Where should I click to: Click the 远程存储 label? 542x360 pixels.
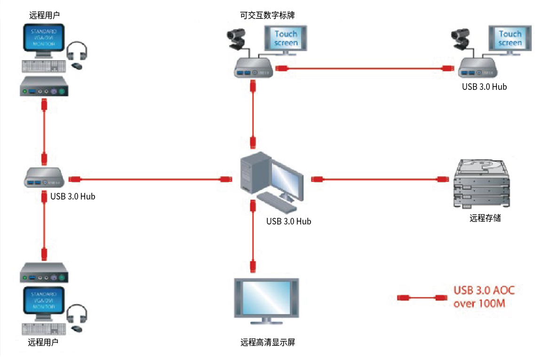click(x=485, y=218)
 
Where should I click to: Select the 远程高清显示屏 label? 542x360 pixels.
click(x=267, y=342)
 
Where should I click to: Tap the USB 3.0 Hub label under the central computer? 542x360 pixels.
click(x=288, y=221)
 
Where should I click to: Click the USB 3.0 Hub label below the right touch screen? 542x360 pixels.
click(x=484, y=87)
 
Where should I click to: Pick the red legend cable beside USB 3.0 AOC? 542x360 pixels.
click(x=422, y=297)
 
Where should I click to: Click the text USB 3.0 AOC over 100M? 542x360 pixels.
click(x=484, y=296)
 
